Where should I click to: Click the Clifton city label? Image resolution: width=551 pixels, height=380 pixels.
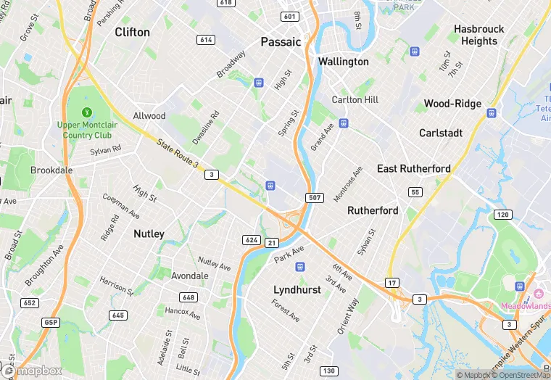click(x=133, y=32)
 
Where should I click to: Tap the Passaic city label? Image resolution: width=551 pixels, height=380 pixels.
click(x=281, y=42)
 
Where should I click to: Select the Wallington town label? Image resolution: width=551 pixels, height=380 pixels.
click(x=343, y=62)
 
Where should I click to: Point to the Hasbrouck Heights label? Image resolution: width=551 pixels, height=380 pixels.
click(x=479, y=35)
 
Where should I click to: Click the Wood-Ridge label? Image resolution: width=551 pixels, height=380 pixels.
click(x=452, y=104)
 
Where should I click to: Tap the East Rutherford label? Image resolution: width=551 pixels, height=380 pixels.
click(x=413, y=168)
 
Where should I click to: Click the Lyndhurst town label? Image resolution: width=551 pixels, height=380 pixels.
click(x=297, y=289)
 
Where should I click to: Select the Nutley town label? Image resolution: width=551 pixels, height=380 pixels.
click(x=149, y=234)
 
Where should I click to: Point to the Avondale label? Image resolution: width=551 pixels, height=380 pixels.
click(x=190, y=276)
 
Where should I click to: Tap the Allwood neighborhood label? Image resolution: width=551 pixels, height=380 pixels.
click(x=149, y=116)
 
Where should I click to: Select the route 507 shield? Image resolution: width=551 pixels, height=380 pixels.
click(x=315, y=198)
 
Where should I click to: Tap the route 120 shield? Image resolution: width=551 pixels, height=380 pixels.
click(x=502, y=215)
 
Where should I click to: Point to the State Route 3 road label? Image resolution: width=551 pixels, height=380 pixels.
click(x=177, y=154)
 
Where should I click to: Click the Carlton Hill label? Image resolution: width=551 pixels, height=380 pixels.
click(x=355, y=99)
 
